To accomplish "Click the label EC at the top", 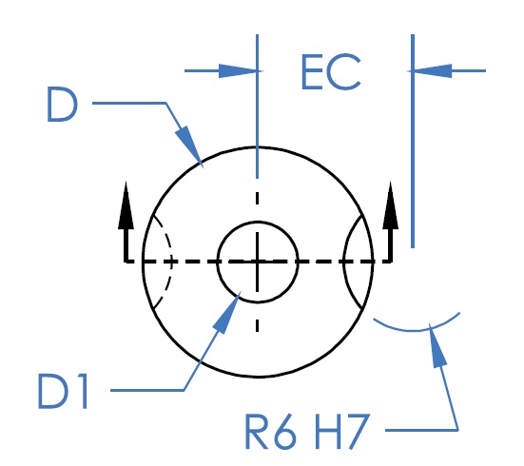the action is click(331, 72).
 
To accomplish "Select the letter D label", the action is click(63, 105).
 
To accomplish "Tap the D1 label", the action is click(63, 392).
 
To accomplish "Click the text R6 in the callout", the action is click(271, 432).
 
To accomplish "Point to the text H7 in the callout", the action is click(342, 432).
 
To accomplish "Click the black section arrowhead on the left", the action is click(126, 205).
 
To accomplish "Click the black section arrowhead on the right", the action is click(390, 205).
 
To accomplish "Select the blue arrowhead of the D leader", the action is click(189, 146).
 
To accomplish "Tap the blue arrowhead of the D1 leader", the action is click(227, 312).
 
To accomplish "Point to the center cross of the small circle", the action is click(257, 262).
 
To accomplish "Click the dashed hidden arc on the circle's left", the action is click(171, 262).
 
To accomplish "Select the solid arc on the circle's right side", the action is click(344, 262).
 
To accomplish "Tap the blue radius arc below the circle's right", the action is click(415, 331).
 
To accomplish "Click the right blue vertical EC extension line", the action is click(413, 141).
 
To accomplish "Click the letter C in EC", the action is click(344, 72).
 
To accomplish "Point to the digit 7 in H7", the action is click(358, 432).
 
